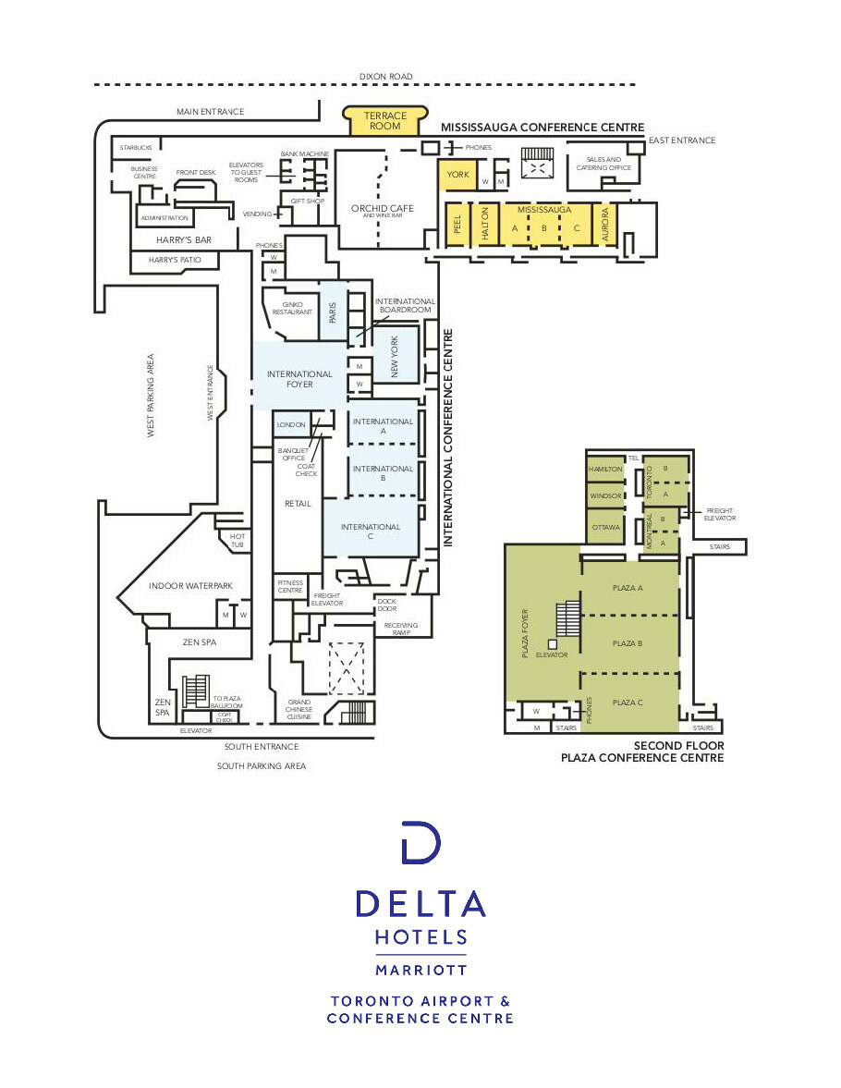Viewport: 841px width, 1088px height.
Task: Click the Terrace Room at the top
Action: coord(384,120)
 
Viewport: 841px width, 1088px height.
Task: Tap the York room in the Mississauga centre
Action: coord(458,174)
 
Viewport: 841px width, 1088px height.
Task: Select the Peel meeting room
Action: coord(457,223)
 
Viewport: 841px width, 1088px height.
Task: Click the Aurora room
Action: coord(604,223)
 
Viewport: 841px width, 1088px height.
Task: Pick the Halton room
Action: coord(485,223)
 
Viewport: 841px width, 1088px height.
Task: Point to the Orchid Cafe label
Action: coord(382,210)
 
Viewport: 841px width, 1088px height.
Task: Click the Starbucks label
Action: coord(136,147)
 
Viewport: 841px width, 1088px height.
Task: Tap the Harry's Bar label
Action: coord(184,240)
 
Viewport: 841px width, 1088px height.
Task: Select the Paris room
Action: coord(333,312)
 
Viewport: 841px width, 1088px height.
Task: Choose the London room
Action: coord(292,424)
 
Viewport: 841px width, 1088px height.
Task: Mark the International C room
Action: coord(371,527)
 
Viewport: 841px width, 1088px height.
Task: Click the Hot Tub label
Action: coord(238,541)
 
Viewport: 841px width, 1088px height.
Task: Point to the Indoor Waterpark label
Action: coord(191,585)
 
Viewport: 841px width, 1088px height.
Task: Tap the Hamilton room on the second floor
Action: coord(605,470)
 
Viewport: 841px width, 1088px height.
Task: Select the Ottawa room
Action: coord(605,527)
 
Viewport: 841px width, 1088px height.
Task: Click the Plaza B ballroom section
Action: coord(628,642)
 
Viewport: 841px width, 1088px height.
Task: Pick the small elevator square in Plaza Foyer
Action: coord(552,643)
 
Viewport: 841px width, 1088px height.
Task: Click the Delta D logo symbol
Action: coord(420,842)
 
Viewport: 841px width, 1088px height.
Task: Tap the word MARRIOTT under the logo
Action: coord(420,970)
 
